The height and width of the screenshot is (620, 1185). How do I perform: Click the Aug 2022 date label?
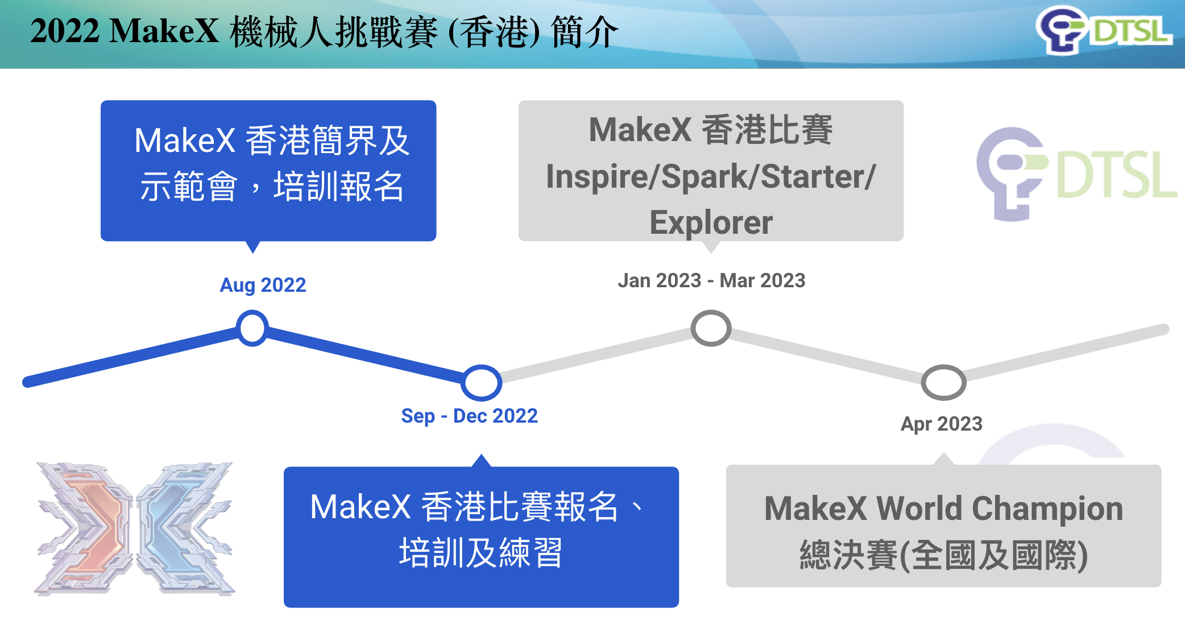[x=263, y=285]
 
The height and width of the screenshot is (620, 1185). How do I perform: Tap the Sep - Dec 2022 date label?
[x=469, y=416]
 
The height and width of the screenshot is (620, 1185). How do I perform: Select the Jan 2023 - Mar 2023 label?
[x=711, y=280]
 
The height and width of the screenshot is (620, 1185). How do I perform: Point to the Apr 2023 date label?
[x=942, y=424]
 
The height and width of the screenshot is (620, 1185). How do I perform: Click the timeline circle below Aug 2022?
[x=252, y=328]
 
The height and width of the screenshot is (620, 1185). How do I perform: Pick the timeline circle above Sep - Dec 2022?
[x=481, y=382]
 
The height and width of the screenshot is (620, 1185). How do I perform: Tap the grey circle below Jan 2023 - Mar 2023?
[x=711, y=328]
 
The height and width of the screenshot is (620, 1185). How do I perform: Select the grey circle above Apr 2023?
[x=943, y=382]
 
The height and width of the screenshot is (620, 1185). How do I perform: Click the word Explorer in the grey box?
[x=711, y=222]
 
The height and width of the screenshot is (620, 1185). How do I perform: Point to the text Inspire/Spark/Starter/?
[x=711, y=176]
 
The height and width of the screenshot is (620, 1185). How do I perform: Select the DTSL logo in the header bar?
[x=1103, y=31]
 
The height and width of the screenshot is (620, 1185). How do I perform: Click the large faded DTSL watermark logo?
[x=1075, y=173]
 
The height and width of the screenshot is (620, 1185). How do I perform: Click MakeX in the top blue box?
[x=185, y=140]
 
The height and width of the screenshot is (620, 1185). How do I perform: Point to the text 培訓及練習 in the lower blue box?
[x=481, y=553]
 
